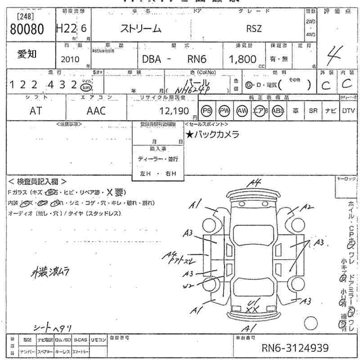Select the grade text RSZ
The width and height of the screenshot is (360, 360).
coord(253,28)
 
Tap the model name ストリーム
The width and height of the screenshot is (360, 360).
coord(140,29)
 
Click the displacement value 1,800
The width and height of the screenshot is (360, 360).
coord(243,59)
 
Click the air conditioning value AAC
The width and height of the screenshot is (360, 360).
coord(96,111)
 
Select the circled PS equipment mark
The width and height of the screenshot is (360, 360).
coord(207,111)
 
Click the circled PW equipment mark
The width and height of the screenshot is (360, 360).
coord(224,111)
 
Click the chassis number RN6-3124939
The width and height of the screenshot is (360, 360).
coord(295,348)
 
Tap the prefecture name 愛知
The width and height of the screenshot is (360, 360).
coord(27,54)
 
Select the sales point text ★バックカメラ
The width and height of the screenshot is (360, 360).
coord(212,134)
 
